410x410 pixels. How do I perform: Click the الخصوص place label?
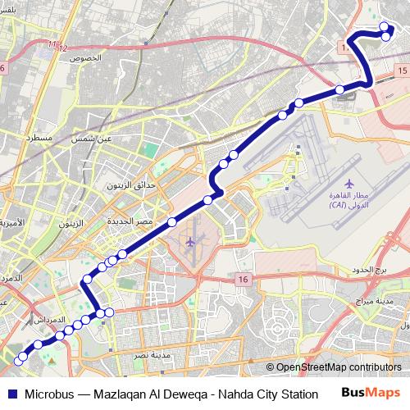click(x=86, y=59)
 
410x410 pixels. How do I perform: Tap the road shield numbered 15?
click(x=400, y=71)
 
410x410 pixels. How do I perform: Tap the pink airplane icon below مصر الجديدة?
click(x=190, y=242)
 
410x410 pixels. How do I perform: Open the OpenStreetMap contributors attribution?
click(x=339, y=368)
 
